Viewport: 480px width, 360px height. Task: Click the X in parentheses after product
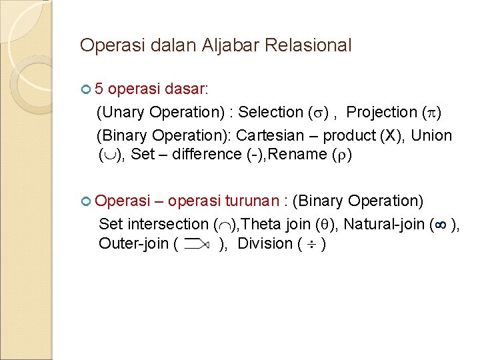pos(391,135)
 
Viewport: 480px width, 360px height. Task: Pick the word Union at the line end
pos(431,135)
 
